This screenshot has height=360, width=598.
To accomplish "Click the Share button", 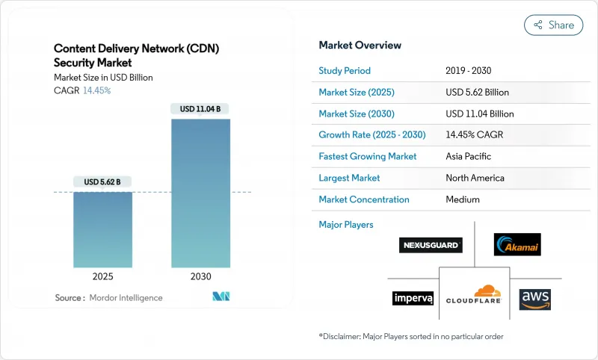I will pos(554,25).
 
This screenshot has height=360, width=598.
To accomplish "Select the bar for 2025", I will pos(102,229).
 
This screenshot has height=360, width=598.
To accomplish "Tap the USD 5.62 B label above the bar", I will pos(102,181).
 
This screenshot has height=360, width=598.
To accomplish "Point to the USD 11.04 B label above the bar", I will pos(200,109).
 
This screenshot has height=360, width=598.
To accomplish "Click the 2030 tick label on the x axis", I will pos(200,276).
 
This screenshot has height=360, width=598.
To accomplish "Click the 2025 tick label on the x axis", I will pos(102,276).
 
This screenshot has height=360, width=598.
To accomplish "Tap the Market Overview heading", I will pos(360,45).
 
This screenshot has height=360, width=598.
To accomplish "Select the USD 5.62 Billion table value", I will pos(477,93).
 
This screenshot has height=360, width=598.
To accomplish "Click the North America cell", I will pos(475,178).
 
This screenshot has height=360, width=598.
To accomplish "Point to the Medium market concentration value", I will pos(463,199).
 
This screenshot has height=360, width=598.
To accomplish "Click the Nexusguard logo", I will pos(431,245).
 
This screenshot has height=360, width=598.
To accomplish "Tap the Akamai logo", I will pos(517,244).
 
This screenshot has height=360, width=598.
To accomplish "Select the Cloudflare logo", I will pos(474,296).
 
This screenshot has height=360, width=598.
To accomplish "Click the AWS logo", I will pos(534,297).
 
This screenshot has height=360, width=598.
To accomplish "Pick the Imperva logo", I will pos(413,298).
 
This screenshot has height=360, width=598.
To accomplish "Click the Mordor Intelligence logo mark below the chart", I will pos(221,297).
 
